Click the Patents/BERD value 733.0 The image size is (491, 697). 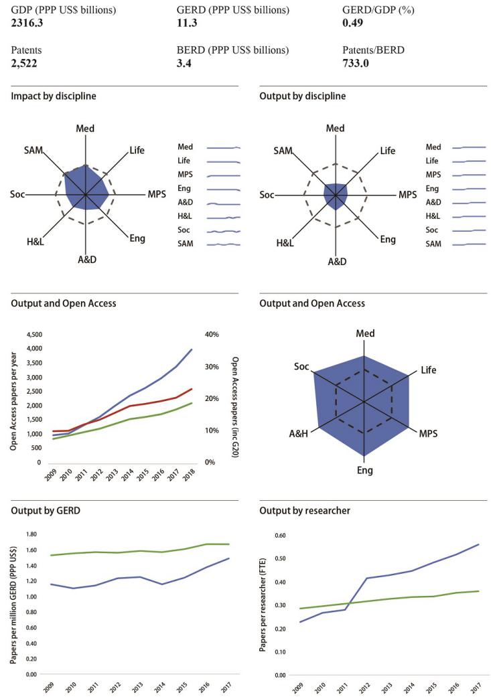355,63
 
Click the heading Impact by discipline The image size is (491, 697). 54,96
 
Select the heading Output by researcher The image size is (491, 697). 301,512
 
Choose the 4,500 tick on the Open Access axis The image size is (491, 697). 33,334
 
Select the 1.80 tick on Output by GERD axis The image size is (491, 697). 31,534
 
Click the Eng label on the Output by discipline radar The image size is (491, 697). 388,239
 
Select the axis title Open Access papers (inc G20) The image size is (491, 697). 235,398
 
